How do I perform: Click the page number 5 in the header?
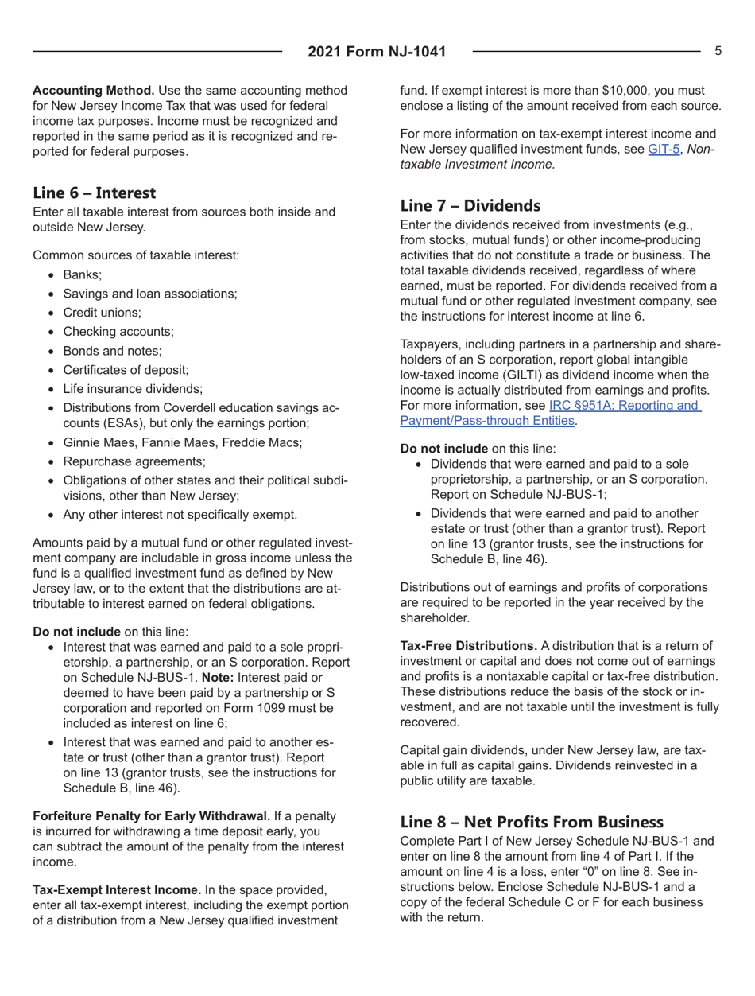click(718, 51)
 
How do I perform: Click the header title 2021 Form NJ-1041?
click(377, 53)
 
